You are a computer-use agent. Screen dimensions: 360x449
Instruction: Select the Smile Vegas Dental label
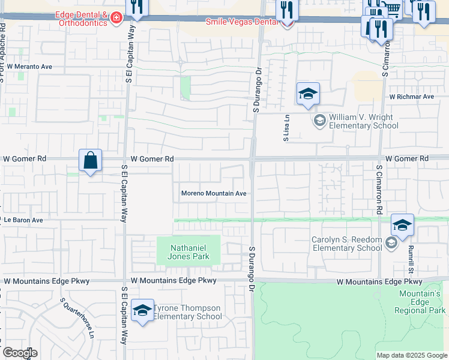tap(242, 22)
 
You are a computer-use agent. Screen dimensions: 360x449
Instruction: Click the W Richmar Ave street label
tap(411, 97)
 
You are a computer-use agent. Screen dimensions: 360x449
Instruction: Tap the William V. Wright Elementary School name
tap(363, 122)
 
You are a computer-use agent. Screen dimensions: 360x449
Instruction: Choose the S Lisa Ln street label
tap(287, 128)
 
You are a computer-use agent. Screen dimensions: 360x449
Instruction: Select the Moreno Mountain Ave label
tap(214, 194)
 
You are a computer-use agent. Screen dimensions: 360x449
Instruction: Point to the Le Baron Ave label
tap(23, 220)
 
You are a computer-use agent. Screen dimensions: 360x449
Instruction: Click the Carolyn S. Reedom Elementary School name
tap(346, 244)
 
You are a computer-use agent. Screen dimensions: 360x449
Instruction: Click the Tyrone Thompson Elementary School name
tap(188, 313)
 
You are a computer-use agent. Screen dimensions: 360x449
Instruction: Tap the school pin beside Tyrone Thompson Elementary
tap(142, 310)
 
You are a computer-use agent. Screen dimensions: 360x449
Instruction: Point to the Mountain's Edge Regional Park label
tap(420, 302)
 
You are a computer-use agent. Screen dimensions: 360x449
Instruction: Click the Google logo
tap(20, 353)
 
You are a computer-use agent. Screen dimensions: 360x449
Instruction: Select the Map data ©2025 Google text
tap(412, 355)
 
